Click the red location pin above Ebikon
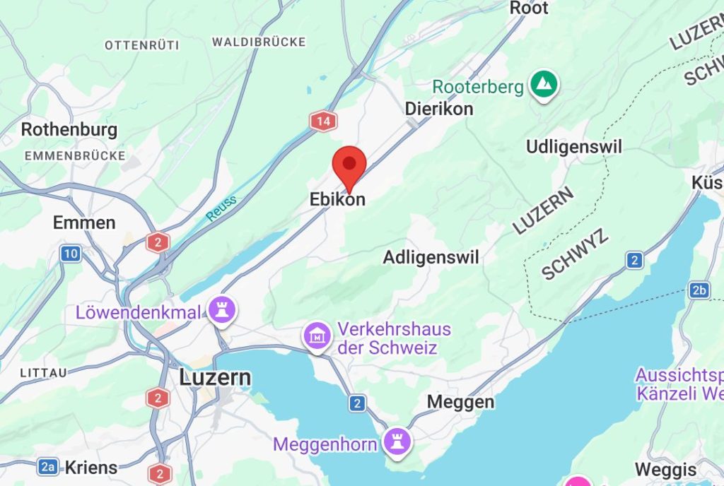[x=349, y=165]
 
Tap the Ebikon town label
[x=337, y=200]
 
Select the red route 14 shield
[x=323, y=121]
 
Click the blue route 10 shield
[x=70, y=254]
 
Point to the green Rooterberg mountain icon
[x=544, y=85]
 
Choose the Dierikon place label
[x=438, y=109]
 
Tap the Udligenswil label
[x=574, y=147]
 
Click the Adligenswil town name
[x=431, y=258]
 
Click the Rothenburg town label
[x=69, y=130]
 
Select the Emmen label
[x=84, y=223]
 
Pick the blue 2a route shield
[x=48, y=466]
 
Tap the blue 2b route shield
[x=699, y=290]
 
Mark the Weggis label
[x=665, y=469]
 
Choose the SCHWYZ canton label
[x=574, y=254]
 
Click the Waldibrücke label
[x=259, y=42]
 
